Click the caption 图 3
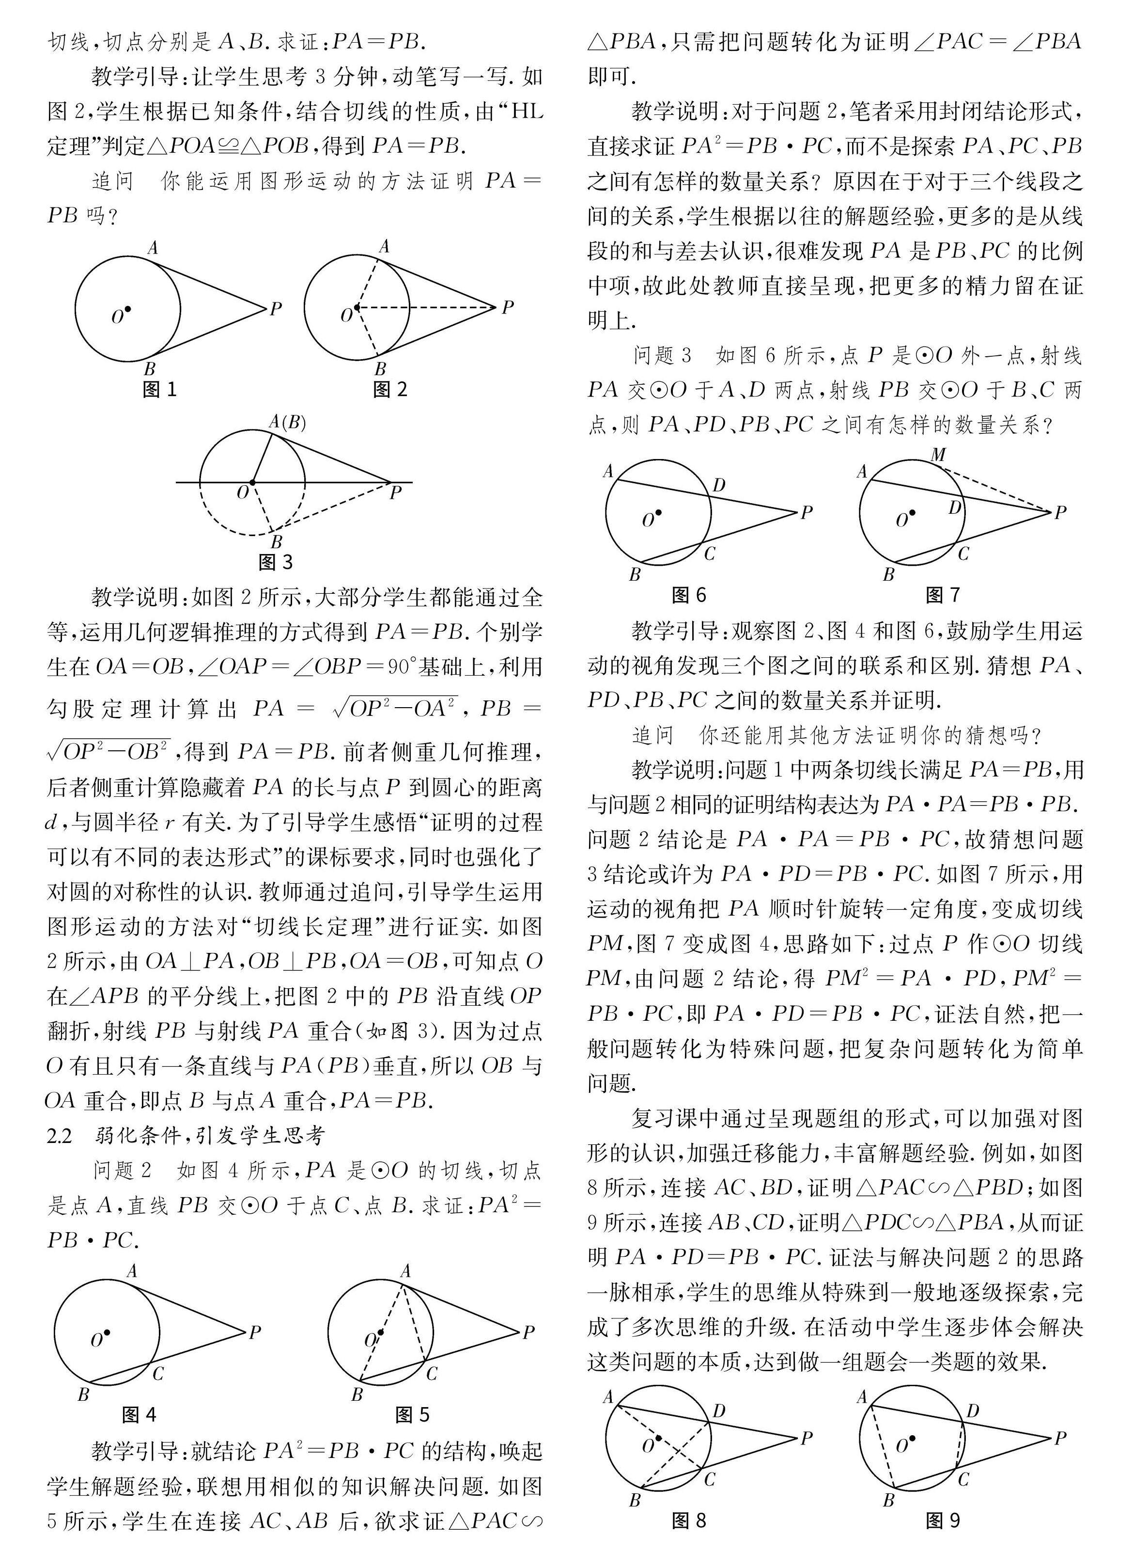(276, 562)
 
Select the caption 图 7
(943, 595)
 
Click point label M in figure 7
(938, 455)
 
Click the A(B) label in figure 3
(287, 422)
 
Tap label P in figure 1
(276, 309)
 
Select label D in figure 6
(719, 485)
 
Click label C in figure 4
(158, 1373)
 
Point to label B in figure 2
(380, 368)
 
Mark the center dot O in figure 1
(128, 309)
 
